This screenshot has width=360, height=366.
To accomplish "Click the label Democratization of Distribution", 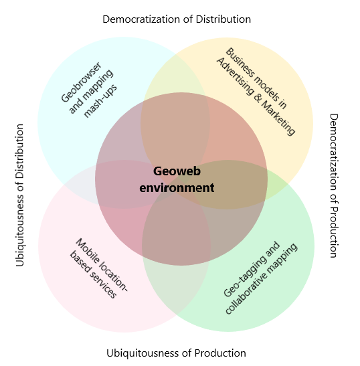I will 177,19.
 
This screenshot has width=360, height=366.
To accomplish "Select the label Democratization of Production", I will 334,185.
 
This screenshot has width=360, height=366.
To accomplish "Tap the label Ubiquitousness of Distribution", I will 20,195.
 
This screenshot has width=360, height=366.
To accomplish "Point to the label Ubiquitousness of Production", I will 176,353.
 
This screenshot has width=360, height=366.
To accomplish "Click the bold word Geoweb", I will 176,171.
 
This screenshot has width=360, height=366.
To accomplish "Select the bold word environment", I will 177,187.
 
